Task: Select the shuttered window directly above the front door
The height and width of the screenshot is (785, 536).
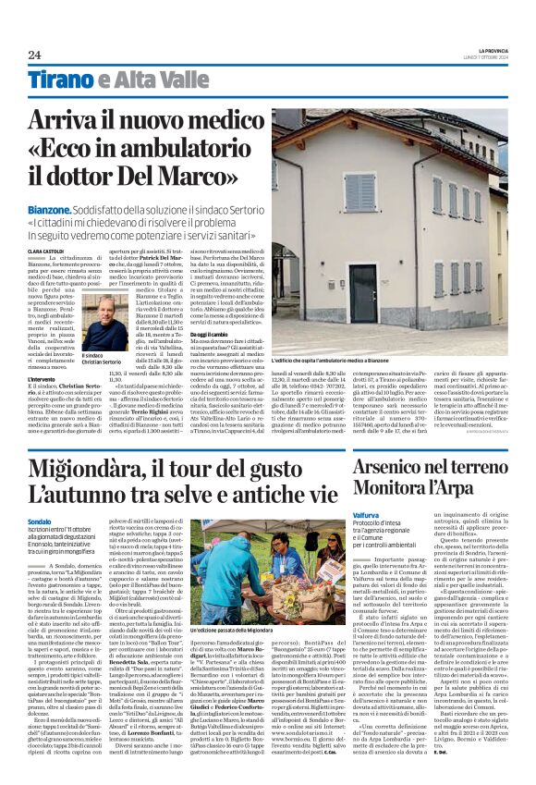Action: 360,193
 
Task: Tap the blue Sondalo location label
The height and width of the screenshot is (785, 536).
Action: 41,521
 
